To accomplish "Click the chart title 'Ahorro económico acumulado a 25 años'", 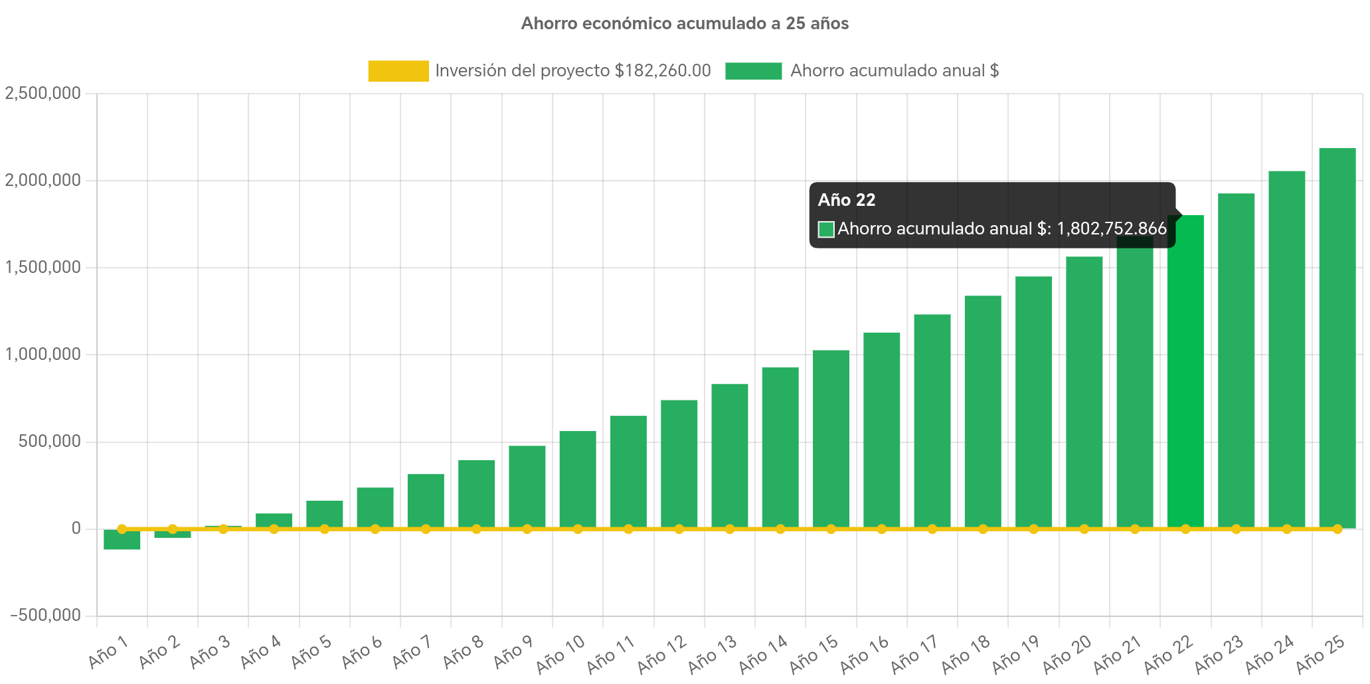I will pos(685,24).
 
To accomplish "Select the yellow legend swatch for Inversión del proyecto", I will pos(398,71).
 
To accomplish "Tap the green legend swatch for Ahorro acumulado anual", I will pos(753,71).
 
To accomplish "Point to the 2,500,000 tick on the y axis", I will pos(43,93).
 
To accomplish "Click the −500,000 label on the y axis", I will pos(45,615).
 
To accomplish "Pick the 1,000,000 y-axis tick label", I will pos(43,354).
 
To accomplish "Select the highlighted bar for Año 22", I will pos(1185,372).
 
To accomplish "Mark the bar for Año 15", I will pos(831,438).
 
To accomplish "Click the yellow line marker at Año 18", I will pos(983,529).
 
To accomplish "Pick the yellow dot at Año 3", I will pos(223,529).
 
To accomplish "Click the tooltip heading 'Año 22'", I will pos(847,200).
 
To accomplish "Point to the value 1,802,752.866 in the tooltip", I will pos(1111,229).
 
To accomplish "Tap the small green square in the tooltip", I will pos(826,230).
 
